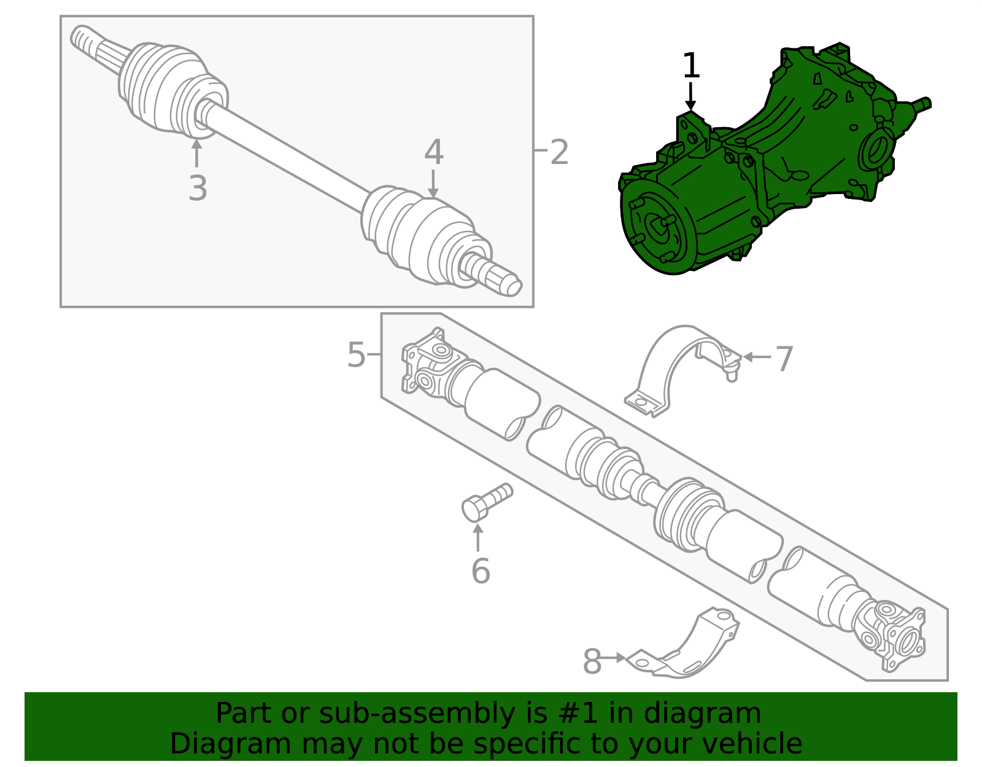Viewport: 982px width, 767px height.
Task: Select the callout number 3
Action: pyautogui.click(x=198, y=188)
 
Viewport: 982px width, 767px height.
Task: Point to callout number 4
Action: pyautogui.click(x=433, y=152)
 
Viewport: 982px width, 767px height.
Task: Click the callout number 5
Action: pyautogui.click(x=356, y=355)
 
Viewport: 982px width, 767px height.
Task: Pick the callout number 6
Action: pyautogui.click(x=481, y=571)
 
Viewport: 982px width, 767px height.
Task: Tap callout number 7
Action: pyautogui.click(x=784, y=359)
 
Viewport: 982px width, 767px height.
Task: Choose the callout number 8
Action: pyautogui.click(x=592, y=662)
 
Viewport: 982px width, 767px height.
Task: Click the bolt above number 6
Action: pyautogui.click(x=485, y=502)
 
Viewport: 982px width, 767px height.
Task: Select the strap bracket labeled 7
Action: pyautogui.click(x=675, y=362)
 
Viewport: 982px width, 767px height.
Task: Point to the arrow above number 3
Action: pyautogui.click(x=196, y=153)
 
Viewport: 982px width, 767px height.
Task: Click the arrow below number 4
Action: pyautogui.click(x=433, y=184)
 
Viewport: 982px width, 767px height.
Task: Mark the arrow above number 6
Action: pyautogui.click(x=478, y=538)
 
